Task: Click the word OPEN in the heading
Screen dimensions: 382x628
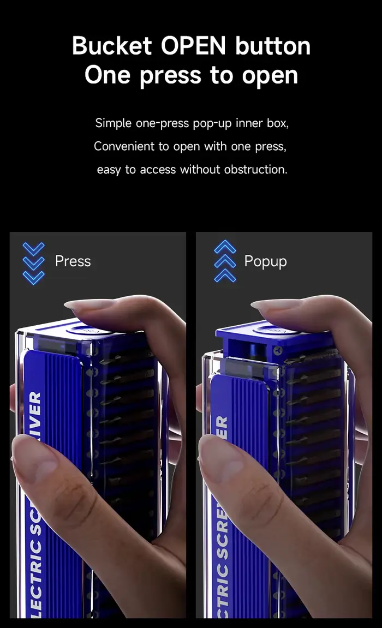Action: [x=193, y=46]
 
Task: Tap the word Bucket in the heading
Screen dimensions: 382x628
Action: [x=112, y=46]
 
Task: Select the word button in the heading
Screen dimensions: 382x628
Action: [x=273, y=46]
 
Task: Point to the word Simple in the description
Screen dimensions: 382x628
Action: [x=114, y=123]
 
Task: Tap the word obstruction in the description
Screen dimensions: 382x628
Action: [x=255, y=170]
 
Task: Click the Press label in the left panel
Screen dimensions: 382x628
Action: [x=73, y=261]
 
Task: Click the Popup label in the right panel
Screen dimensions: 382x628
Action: [x=265, y=261]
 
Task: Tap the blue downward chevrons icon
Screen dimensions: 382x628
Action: [x=34, y=263]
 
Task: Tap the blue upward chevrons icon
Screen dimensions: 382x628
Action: [x=225, y=261]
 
